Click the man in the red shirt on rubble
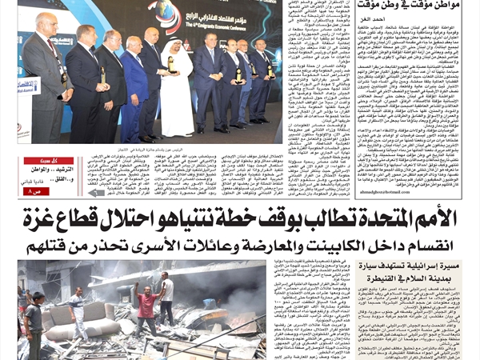coord(147,304)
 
